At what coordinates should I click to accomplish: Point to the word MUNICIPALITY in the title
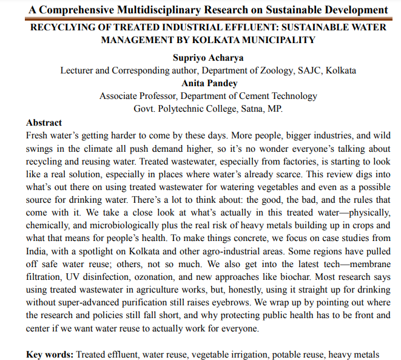274,40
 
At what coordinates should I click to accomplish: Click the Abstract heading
44,122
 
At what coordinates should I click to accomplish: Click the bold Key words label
50,354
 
